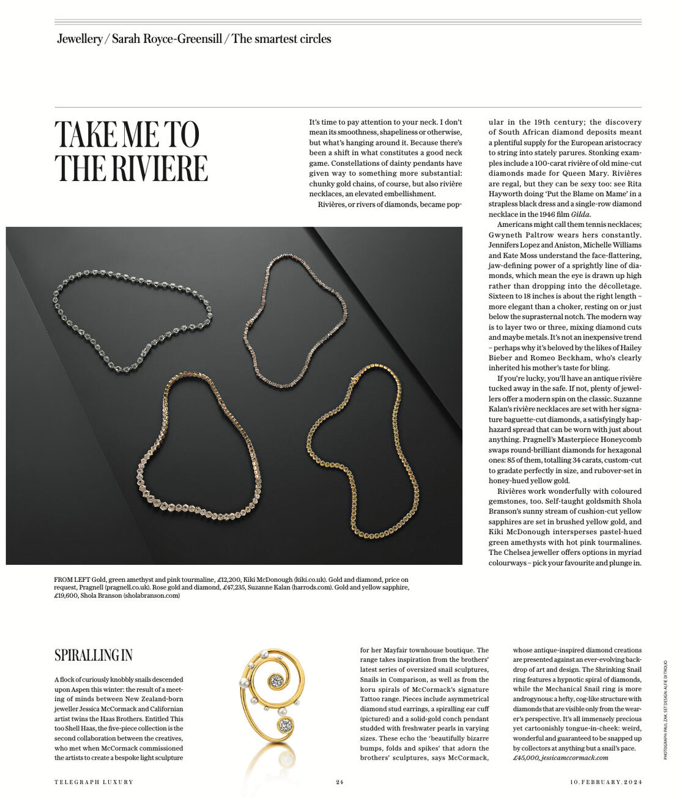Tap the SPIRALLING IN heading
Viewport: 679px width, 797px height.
93,655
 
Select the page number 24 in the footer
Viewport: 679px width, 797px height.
339,782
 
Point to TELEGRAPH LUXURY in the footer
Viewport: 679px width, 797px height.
94,782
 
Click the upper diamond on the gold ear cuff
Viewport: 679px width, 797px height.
277,680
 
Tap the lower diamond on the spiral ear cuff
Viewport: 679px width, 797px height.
285,725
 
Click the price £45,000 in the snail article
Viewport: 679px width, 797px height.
525,758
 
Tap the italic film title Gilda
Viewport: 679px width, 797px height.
581,215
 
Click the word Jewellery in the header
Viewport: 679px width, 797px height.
80,39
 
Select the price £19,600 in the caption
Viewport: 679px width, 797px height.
66,595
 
